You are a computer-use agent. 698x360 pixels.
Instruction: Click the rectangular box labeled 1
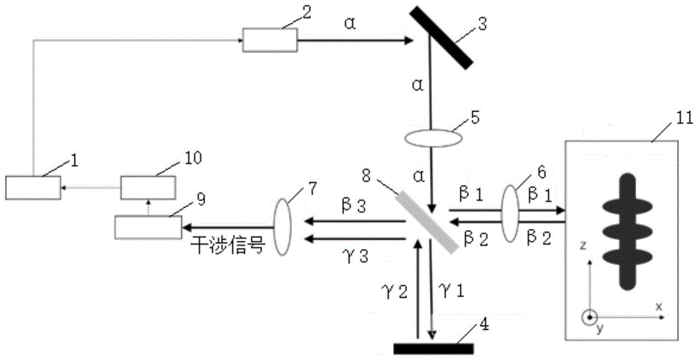[33, 187]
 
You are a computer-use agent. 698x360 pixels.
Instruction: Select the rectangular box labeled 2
[269, 40]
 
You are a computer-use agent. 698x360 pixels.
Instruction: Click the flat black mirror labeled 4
[433, 347]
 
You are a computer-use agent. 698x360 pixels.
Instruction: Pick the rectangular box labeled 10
[149, 188]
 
